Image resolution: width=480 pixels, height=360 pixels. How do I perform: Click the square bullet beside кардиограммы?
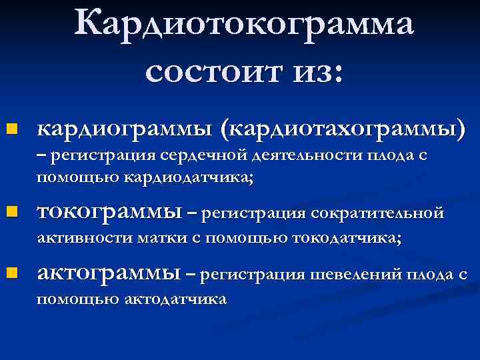point(11,127)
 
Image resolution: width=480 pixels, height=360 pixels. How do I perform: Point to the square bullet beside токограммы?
point(11,213)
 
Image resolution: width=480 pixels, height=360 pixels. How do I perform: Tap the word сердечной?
point(205,157)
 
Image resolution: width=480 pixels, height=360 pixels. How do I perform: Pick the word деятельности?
point(308,157)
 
